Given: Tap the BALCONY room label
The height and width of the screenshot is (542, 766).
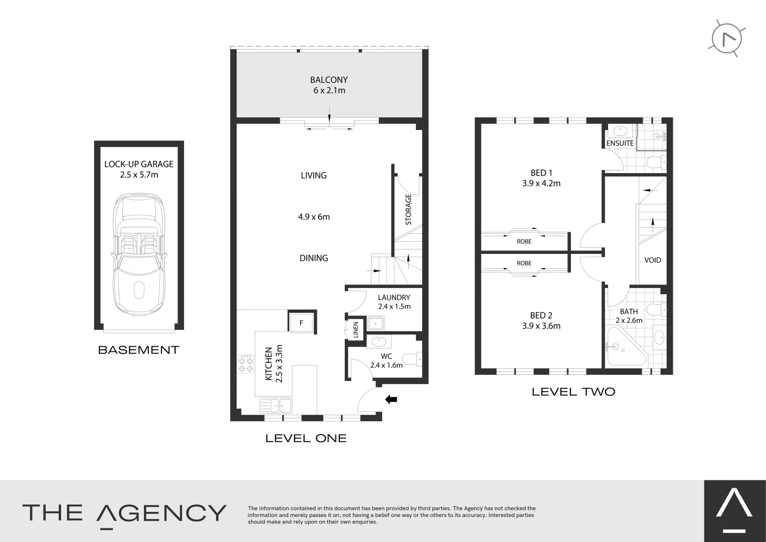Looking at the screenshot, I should coord(329,80).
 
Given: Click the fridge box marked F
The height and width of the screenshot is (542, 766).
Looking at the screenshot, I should coord(301,323).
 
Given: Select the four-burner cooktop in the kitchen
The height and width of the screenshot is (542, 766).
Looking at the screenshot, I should coord(246,364).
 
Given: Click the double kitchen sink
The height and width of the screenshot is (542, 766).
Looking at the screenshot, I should coord(276,404).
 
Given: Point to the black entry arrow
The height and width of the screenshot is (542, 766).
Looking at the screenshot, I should coord(391,399).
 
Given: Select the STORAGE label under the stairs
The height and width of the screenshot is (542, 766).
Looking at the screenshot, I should coord(408,209).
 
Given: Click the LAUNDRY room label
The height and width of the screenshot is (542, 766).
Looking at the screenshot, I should coord(394,298).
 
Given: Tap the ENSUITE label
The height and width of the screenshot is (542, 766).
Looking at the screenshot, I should coord(620,143).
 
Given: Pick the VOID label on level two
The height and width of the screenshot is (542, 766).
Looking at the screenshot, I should coord(653,260).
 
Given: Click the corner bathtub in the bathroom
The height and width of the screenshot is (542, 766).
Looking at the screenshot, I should coord(624,348).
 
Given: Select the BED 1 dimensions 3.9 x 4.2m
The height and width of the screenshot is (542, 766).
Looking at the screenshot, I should coord(541,184).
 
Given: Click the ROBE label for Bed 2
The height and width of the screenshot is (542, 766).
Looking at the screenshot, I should coord(524,263).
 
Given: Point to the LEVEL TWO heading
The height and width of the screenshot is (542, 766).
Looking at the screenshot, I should coord(573,392).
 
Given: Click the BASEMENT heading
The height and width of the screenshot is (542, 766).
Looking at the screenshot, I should coord(139,350).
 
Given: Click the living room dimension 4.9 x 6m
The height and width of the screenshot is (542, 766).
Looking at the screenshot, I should coord(314,217).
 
